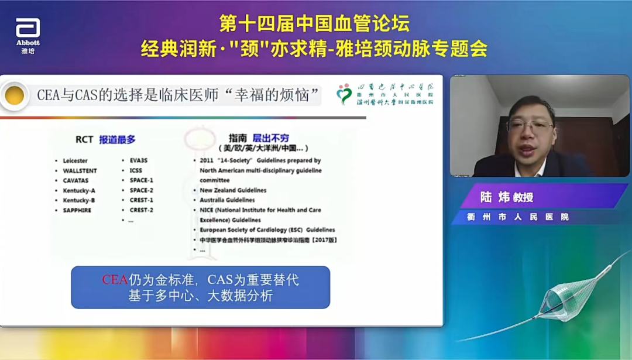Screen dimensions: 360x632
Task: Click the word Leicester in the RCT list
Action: point(75,160)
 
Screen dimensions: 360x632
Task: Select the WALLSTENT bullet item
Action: point(80,170)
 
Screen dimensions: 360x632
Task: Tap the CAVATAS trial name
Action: point(76,180)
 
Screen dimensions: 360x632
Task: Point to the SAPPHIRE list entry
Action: point(77,210)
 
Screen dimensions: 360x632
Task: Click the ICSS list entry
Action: point(136,170)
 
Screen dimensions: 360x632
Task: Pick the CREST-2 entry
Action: point(142,210)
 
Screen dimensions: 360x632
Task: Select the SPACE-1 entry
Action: point(142,180)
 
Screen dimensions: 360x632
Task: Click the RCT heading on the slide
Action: point(84,139)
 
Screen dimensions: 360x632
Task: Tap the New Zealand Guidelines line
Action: point(233,190)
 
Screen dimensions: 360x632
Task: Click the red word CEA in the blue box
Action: point(115,280)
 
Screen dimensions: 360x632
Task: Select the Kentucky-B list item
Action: point(79,200)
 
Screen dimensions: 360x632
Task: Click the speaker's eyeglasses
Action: point(530,125)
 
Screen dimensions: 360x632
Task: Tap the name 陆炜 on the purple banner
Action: point(494,197)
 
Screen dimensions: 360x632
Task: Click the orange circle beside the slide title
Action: point(15,95)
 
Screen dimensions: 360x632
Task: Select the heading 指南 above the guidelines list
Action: point(238,138)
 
